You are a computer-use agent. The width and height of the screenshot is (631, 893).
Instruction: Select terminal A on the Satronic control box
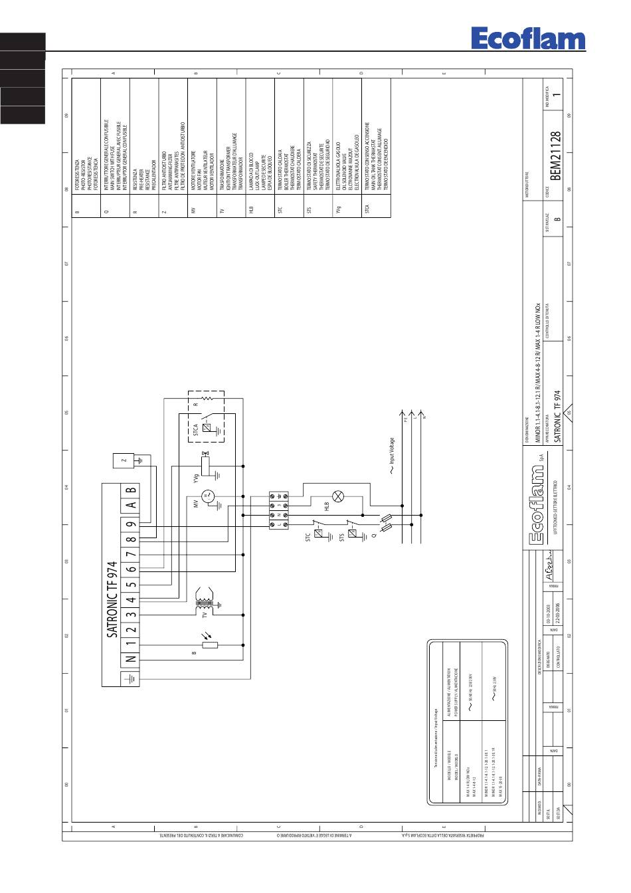(131, 504)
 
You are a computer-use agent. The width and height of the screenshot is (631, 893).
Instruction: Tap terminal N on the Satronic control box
(131, 658)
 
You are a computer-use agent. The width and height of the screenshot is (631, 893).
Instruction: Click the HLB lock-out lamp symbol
(337, 496)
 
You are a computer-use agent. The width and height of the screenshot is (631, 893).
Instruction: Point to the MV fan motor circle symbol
(206, 495)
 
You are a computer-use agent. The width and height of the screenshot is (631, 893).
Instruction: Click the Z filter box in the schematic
(124, 459)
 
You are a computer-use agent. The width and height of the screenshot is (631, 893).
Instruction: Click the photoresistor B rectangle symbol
(209, 645)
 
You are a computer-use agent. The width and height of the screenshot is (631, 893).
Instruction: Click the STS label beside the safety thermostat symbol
(343, 537)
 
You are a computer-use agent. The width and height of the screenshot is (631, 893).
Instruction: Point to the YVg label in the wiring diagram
(196, 477)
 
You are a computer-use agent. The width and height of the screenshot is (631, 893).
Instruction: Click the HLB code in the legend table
(252, 209)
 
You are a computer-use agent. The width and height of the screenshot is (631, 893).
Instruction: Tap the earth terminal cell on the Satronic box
(131, 679)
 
